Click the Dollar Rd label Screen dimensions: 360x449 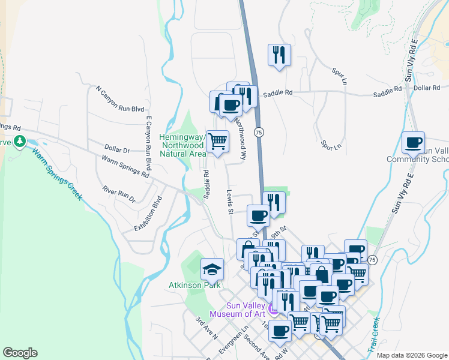(427, 88)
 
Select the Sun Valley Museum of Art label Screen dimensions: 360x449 (238, 309)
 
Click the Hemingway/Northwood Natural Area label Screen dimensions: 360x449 (182, 145)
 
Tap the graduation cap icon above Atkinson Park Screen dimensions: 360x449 (212, 269)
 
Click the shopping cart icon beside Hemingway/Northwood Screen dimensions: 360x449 (217, 142)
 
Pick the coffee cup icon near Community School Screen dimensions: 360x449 (413, 143)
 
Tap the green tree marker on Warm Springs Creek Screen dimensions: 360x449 (20, 142)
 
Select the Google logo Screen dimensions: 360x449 (20, 353)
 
